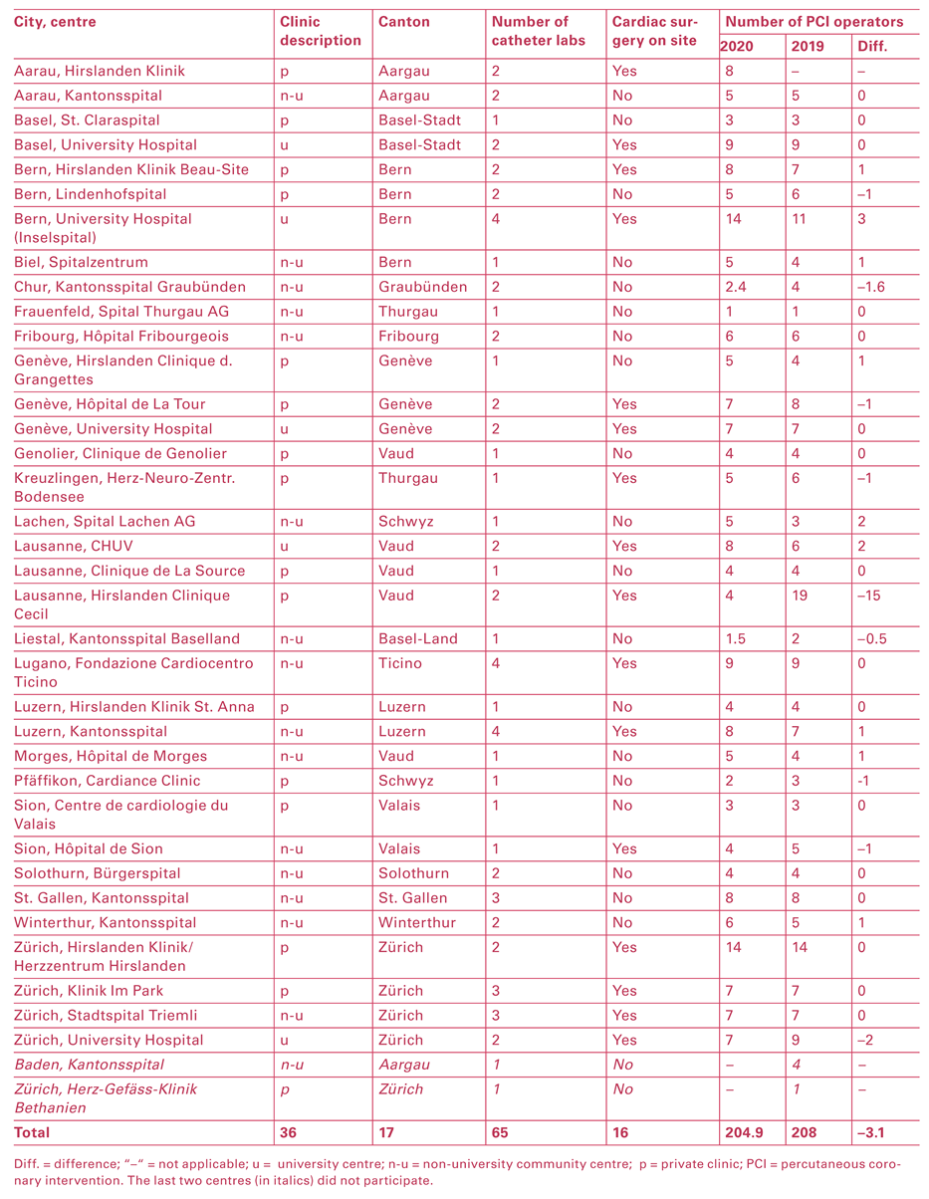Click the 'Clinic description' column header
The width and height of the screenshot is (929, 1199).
[320, 31]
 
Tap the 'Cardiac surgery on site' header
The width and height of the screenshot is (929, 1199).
[655, 31]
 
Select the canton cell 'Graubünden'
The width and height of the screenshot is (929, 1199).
[423, 287]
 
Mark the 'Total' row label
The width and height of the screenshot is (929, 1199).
[32, 1132]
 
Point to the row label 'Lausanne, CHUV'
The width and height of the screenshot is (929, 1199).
[74, 546]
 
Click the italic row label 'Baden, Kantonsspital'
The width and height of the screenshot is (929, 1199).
[89, 1065]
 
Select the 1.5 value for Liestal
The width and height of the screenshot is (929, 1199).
[736, 638]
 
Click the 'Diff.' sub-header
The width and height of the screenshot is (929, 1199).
[871, 47]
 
